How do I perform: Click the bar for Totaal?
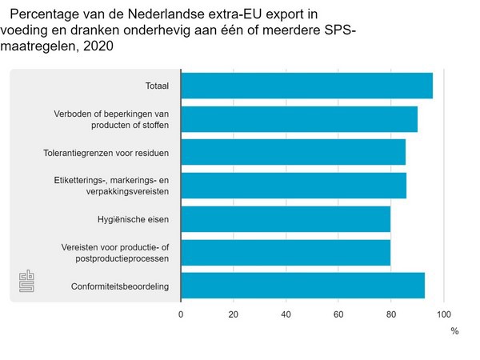(306, 86)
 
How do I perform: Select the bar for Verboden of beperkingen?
(299, 119)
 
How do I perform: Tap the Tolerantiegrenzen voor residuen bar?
(293, 152)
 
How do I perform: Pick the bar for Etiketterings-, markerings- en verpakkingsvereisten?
(294, 186)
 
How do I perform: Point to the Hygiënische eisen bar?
(286, 218)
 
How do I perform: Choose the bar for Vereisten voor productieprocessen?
(286, 252)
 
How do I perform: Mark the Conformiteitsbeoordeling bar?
(302, 286)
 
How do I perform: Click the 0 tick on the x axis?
(181, 314)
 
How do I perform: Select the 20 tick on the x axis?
(234, 314)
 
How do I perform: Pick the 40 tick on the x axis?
(286, 314)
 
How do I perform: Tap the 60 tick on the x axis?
(338, 314)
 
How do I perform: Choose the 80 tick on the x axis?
(391, 314)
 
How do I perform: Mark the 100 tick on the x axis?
(444, 314)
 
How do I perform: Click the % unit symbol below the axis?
(454, 330)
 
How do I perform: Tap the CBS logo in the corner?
(28, 281)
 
